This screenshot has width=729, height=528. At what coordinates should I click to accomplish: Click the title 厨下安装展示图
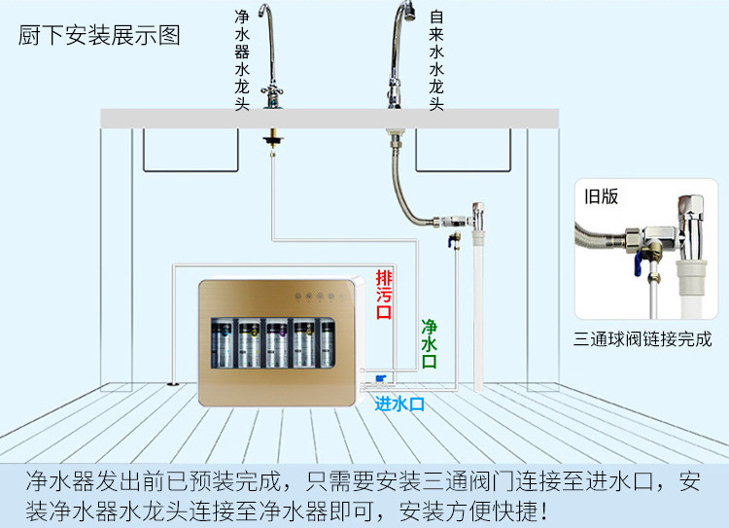tap(99, 35)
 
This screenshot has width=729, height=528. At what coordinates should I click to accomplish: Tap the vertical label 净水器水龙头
tap(242, 60)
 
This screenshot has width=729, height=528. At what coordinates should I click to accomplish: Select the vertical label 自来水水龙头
tap(436, 60)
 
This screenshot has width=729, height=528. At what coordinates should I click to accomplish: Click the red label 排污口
tap(384, 295)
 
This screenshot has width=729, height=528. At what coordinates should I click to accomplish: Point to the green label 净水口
tap(429, 344)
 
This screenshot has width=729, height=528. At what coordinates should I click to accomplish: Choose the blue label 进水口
tap(399, 404)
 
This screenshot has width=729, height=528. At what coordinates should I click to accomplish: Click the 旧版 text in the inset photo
tap(601, 196)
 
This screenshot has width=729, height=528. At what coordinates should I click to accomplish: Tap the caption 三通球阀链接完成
tap(642, 338)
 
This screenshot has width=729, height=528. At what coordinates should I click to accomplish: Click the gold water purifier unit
tap(280, 342)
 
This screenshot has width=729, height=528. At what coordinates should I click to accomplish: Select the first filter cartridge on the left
tap(223, 343)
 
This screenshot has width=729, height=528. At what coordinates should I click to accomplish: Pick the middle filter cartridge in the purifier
tap(277, 343)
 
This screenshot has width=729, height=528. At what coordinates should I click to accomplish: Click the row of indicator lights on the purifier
tap(320, 296)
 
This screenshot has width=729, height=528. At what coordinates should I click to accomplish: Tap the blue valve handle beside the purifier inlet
tap(381, 378)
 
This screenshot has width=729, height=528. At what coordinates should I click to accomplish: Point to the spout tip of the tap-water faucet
tap(408, 12)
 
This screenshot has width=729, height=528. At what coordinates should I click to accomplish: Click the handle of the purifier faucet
tap(272, 89)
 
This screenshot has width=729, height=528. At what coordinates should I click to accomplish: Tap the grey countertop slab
tap(330, 119)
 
